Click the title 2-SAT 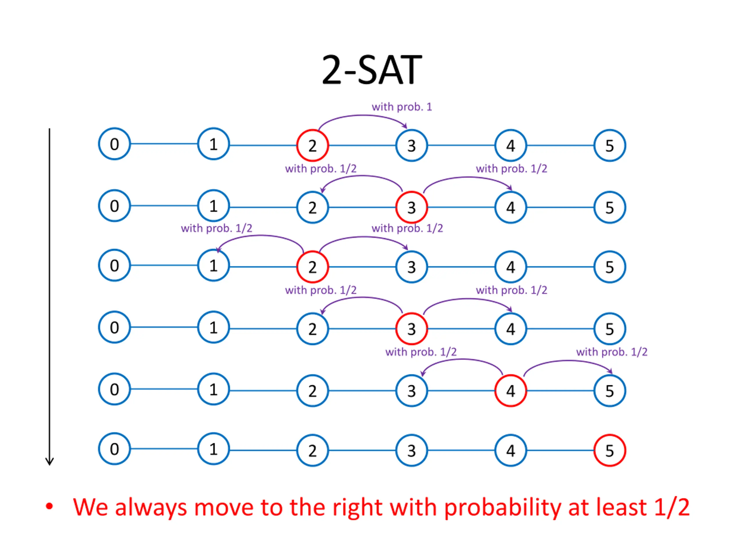point(371,70)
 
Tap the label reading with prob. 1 point(402,107)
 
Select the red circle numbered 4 point(511,391)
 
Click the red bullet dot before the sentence point(49,507)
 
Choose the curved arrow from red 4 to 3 point(463,360)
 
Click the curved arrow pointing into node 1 point(260,236)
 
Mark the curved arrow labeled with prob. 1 point(363,116)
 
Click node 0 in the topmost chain point(114,144)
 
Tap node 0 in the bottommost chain point(114,449)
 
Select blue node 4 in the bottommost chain point(511,451)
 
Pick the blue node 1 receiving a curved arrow point(213,265)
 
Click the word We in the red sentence point(90,507)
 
